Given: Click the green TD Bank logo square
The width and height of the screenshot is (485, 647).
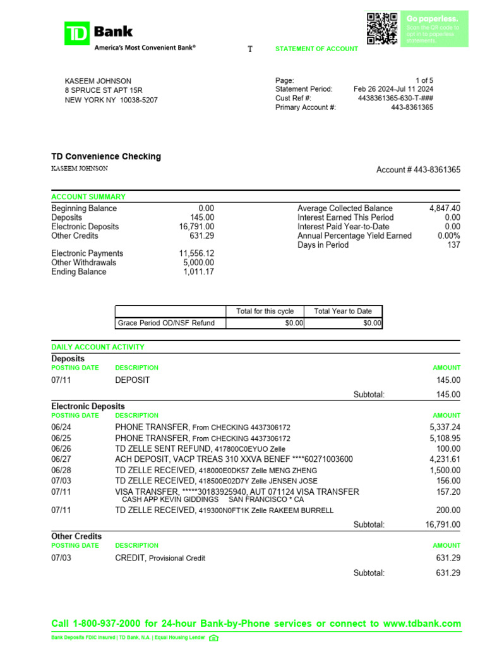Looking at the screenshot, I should [x=77, y=33].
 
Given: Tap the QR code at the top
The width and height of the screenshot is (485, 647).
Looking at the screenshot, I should [x=382, y=28].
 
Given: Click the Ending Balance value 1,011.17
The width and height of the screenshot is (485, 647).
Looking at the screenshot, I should [x=199, y=272].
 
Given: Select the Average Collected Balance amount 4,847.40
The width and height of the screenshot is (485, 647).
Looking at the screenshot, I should [x=445, y=208].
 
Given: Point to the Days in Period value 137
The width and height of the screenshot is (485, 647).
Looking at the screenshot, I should [x=453, y=245].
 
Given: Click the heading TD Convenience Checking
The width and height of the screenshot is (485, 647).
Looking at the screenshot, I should [x=106, y=156].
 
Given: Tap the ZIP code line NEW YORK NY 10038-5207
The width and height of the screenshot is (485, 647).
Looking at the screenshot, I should [x=111, y=100].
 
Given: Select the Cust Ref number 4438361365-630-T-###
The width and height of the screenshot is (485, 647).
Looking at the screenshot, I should [x=395, y=99].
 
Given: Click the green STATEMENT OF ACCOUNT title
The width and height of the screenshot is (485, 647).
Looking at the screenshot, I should [x=316, y=49].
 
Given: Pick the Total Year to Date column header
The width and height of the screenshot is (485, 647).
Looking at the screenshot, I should [x=343, y=311].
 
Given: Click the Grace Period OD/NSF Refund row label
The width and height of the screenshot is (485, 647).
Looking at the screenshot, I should [x=166, y=323].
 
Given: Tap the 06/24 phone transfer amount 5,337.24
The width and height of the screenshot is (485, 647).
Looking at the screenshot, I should [x=445, y=427].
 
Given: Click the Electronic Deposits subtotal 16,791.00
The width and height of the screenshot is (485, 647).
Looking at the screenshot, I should [x=443, y=524].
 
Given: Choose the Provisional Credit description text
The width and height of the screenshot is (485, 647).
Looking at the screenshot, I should [x=177, y=558].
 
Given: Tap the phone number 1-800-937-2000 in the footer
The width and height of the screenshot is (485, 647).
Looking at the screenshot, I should [x=119, y=624].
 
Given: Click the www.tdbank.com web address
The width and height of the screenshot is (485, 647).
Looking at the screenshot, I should [x=422, y=624].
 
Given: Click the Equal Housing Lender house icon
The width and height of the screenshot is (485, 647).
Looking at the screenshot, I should [x=213, y=638].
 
